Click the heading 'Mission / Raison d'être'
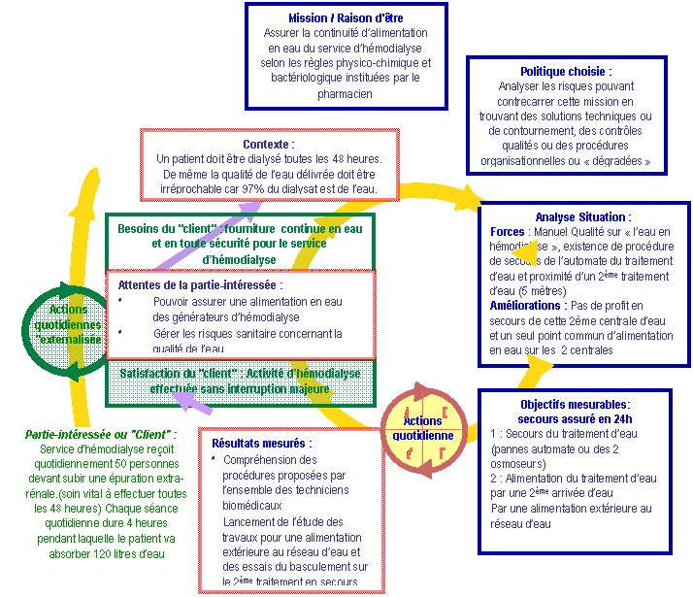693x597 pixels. click(346, 17)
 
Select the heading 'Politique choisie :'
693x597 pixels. click(566, 71)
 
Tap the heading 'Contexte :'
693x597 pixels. click(268, 144)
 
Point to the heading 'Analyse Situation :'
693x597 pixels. click(582, 216)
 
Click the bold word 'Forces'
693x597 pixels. click(507, 232)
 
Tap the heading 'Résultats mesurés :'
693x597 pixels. click(262, 443)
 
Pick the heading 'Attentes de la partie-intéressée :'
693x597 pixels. click(200, 285)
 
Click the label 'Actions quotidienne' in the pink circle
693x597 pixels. click(423, 428)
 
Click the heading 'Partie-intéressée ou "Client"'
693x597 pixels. click(101, 434)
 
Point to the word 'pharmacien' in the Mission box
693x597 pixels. click(345, 94)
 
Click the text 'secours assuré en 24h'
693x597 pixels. click(575, 418)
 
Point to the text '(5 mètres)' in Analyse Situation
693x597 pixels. click(516, 290)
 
